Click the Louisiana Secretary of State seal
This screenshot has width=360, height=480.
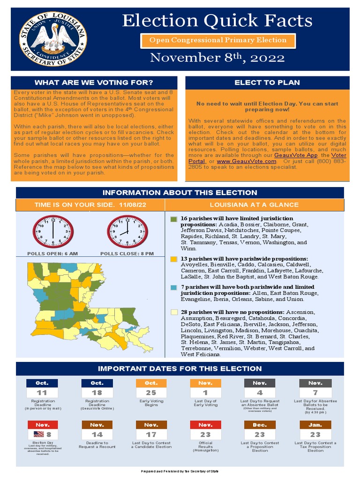(52, 39)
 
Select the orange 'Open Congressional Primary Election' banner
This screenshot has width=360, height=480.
(218, 40)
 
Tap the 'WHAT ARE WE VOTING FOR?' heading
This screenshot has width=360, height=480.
(94, 83)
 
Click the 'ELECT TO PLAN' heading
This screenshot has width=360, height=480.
(267, 82)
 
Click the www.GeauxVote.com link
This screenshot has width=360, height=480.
(247, 161)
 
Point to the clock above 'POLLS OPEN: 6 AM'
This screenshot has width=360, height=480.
(53, 231)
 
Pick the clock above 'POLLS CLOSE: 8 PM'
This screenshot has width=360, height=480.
(127, 231)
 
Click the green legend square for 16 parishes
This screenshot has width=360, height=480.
(173, 219)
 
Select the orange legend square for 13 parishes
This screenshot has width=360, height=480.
(173, 259)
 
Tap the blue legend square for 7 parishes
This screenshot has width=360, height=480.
(173, 287)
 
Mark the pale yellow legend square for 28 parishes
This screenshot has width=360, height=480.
(173, 312)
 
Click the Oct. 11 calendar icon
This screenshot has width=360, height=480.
(42, 388)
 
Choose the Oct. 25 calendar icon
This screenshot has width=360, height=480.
(151, 388)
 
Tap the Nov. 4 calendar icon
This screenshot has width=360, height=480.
(260, 388)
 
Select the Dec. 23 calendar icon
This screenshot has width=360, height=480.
(260, 430)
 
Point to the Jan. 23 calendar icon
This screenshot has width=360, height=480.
(315, 430)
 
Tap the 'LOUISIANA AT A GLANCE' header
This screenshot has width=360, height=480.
(254, 205)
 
